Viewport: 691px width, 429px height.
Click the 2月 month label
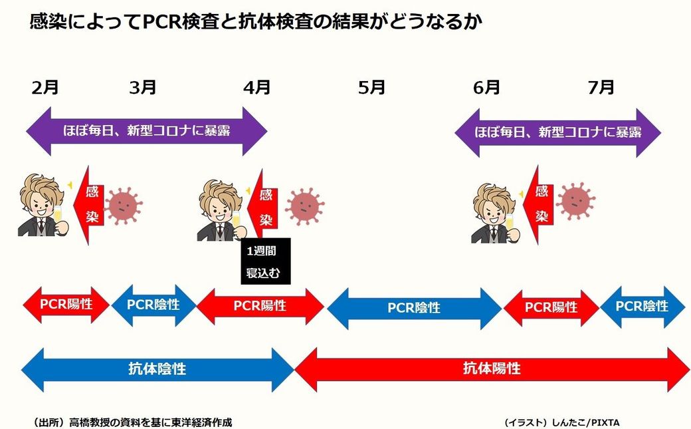pos(45,87)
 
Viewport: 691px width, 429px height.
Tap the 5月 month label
pos(371,87)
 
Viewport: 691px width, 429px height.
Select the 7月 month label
pos(601,87)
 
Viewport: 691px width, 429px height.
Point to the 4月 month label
pos(257,87)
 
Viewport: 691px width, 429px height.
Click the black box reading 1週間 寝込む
pos(266,261)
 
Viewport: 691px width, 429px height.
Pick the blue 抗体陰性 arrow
pos(157,369)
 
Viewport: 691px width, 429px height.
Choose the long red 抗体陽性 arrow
pos(492,369)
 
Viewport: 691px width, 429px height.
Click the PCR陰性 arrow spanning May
pos(414,308)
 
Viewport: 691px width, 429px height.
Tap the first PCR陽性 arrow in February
pos(66,305)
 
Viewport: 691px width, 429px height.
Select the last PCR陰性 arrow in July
pos(642,307)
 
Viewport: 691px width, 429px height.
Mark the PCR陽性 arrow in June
pos(551,307)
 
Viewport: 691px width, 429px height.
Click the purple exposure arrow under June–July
pos(558,132)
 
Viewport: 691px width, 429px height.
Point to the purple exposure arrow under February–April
pos(147,131)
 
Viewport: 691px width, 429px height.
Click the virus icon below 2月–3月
pos(124,206)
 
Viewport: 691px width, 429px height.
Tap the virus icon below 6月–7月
pos(575,202)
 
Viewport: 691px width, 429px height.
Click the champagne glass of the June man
pos(510,223)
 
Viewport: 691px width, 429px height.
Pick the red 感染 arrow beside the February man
pos(88,205)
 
